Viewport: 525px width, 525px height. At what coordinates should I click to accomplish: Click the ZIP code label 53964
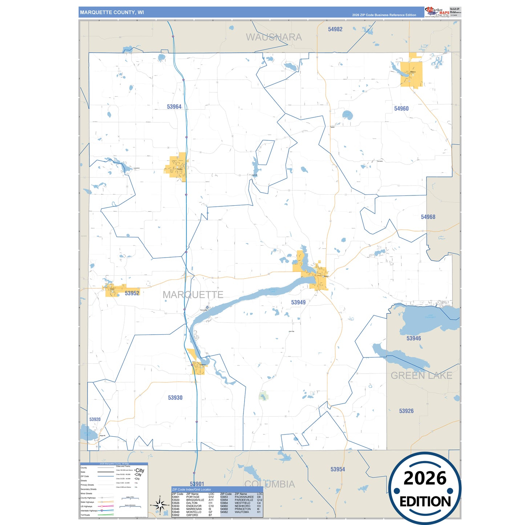[174, 107]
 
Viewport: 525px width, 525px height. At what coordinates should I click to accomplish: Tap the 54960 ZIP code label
[401, 109]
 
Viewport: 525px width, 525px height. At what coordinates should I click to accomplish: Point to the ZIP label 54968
[428, 217]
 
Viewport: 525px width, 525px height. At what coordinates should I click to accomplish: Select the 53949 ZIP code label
[298, 302]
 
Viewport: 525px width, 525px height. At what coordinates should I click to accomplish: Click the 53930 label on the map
[175, 398]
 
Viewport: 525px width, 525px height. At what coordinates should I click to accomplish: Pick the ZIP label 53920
[95, 419]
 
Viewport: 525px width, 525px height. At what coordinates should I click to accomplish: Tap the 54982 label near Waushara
[335, 29]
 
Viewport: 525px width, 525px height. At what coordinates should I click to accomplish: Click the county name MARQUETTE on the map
[193, 295]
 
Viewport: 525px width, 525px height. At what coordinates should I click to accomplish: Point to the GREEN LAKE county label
[421, 376]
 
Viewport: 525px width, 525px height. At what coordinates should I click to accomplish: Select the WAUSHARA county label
[274, 37]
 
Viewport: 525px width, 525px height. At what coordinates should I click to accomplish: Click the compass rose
[159, 505]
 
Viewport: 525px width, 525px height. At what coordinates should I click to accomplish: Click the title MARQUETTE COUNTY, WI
[112, 12]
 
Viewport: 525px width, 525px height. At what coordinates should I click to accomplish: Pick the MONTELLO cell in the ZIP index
[194, 512]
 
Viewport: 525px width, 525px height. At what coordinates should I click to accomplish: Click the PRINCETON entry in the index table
[243, 509]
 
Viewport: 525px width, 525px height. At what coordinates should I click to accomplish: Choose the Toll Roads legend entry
[85, 515]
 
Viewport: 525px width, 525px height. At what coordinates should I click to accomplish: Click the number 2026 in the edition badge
[425, 478]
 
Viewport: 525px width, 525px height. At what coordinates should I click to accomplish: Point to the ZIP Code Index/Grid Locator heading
[191, 489]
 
